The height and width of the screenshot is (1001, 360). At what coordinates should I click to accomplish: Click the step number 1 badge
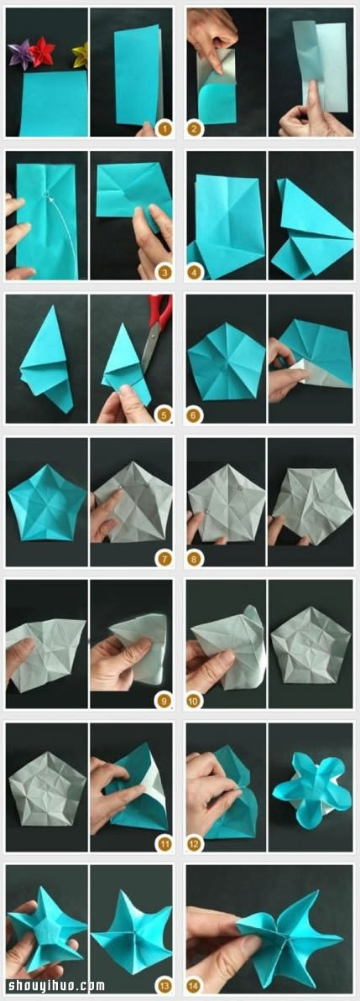point(164,129)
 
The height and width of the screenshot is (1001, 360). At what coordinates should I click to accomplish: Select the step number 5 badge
point(164,416)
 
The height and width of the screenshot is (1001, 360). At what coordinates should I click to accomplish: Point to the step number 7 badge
point(164,559)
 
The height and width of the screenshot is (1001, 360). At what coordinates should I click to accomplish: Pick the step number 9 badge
point(164,701)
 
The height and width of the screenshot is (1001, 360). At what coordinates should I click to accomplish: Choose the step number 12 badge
point(195,844)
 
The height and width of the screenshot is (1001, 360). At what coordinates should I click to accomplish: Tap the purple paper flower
point(20,55)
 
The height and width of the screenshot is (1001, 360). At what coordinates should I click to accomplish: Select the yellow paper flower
point(80,55)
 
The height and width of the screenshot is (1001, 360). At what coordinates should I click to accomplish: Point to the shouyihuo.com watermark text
point(54,987)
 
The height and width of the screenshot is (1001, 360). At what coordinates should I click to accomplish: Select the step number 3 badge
point(164,273)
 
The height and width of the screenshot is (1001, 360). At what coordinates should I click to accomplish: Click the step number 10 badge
point(195,701)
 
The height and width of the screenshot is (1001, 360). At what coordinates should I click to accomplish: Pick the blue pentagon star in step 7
point(47,502)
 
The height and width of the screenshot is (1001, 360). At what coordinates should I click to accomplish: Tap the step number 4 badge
point(195,273)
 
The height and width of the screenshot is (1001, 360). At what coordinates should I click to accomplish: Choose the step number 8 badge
point(195,559)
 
